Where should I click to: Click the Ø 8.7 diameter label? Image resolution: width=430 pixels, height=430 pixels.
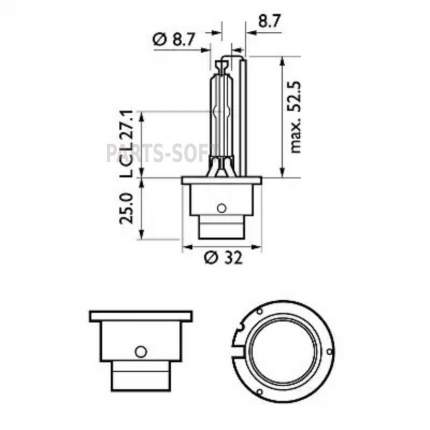point(173,40)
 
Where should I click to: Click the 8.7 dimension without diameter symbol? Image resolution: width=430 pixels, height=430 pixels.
point(269,21)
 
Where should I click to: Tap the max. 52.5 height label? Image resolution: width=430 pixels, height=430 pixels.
point(295,117)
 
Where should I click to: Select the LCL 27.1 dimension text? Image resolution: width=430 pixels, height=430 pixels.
point(127,144)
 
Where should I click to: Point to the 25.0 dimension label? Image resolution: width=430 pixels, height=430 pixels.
point(127,208)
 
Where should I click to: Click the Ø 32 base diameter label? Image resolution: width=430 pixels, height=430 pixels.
point(223,258)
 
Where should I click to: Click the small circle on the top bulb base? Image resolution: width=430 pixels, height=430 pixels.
point(221,208)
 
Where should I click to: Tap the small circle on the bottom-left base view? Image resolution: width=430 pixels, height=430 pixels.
point(141,351)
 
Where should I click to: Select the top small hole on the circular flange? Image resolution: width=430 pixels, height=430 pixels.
point(260,311)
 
